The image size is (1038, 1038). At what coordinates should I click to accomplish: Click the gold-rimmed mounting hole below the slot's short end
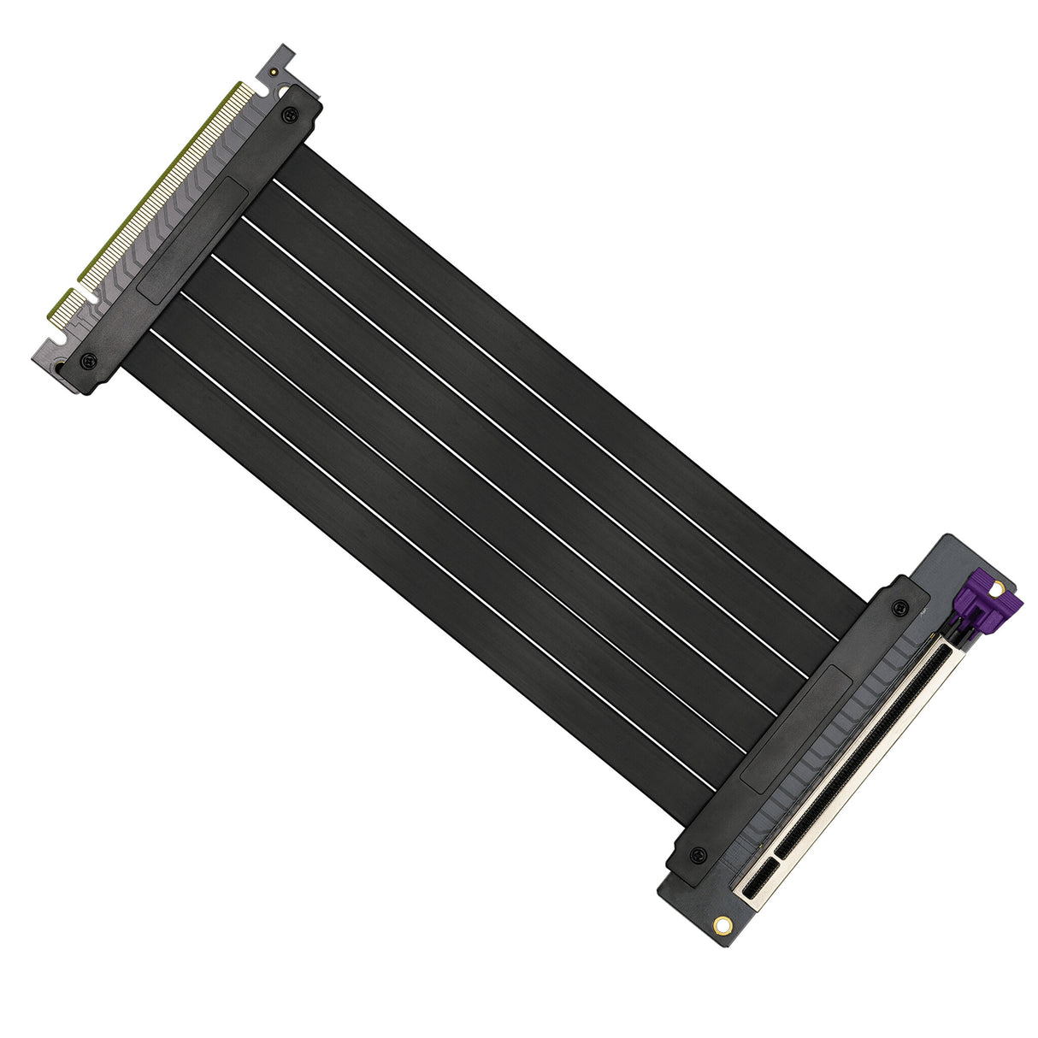(722, 924)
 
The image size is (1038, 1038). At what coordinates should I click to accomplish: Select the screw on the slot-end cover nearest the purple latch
(899, 608)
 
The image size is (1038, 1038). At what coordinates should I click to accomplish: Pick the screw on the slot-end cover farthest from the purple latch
(698, 855)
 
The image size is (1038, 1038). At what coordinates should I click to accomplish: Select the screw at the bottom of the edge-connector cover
(88, 360)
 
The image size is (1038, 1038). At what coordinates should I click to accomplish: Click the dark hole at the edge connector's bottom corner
(59, 369)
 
